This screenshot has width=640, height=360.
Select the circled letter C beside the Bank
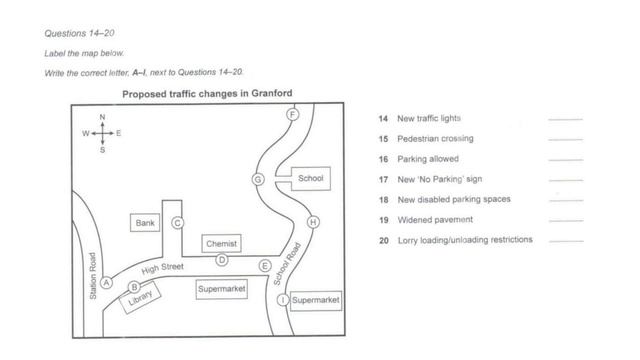[x=177, y=223]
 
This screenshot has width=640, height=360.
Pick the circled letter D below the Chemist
[x=222, y=260]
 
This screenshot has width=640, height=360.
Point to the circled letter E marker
[x=265, y=265]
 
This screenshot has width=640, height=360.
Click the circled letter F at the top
[x=292, y=115]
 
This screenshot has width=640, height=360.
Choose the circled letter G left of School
[x=257, y=179]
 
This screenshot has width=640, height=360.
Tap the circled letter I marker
[x=283, y=299]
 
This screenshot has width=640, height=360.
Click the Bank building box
[x=146, y=223]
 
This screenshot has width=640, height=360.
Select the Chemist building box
[x=221, y=244]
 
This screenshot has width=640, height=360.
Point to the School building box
[x=311, y=179]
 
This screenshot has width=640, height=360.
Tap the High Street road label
[x=162, y=268]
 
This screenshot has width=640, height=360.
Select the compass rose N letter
[x=103, y=117]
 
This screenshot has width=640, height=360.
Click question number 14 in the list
[x=383, y=117]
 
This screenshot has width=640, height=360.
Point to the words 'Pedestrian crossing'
[x=435, y=138]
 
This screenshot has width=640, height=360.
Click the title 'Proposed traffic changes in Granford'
[x=207, y=95]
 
